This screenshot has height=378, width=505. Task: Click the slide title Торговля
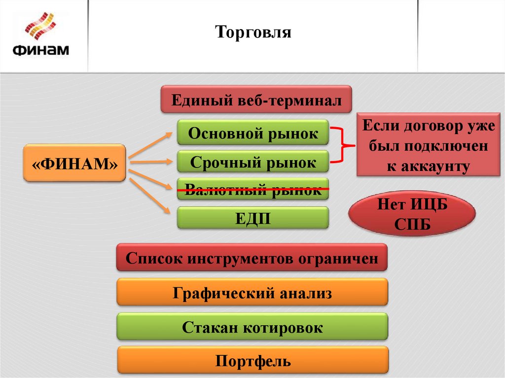click(253, 33)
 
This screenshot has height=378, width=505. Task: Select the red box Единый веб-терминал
click(256, 100)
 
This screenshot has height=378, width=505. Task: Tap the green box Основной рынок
click(253, 134)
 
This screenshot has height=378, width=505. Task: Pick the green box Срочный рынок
click(253, 162)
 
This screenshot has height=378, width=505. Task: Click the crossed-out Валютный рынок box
click(253, 189)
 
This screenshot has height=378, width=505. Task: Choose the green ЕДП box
click(253, 217)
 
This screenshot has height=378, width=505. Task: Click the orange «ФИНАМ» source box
click(74, 162)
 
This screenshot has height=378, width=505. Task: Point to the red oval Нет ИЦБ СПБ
click(412, 215)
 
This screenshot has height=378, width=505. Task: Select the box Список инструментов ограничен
click(252, 257)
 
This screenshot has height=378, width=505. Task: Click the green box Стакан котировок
click(252, 327)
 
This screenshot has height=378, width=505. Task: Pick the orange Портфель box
click(253, 361)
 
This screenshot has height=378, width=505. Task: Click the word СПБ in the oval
click(412, 225)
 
